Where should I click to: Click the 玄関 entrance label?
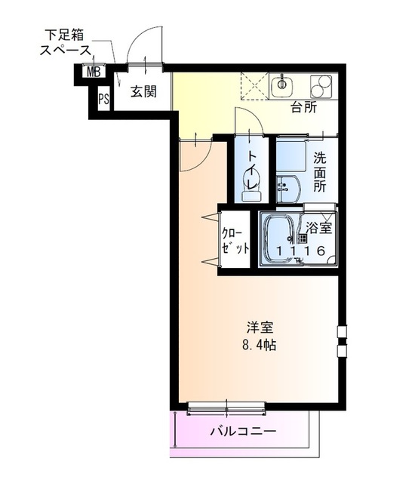(x=143, y=92)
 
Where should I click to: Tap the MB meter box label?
(x=93, y=72)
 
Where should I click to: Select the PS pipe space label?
(x=103, y=98)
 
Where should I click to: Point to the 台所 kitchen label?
(x=303, y=106)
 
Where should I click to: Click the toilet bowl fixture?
(x=250, y=189)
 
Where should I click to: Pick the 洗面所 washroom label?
(x=320, y=172)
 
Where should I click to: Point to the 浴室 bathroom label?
(x=318, y=226)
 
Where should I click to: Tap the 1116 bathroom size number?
(x=300, y=251)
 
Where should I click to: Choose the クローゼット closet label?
(x=235, y=240)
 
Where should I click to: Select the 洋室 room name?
(x=259, y=328)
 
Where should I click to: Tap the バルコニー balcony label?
(x=243, y=432)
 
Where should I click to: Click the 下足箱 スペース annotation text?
(x=67, y=43)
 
